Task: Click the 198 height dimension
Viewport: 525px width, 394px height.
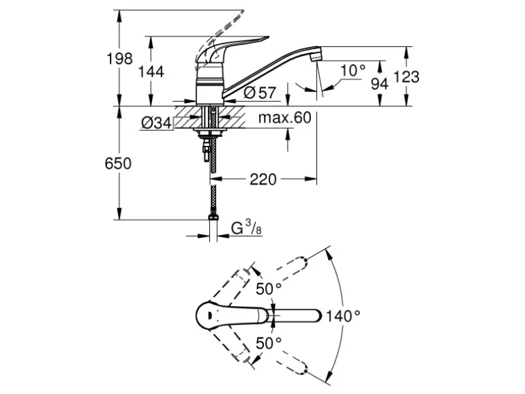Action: point(119,59)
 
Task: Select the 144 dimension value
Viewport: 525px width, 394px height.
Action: point(151,71)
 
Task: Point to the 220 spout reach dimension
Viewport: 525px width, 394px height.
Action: point(262,179)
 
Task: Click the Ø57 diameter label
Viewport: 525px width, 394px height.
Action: point(257,91)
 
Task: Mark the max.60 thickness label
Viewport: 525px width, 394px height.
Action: point(284,118)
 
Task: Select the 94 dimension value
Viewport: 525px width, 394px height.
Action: point(380,83)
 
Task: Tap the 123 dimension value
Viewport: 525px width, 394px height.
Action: point(407,77)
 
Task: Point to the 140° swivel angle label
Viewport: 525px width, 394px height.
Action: point(342,316)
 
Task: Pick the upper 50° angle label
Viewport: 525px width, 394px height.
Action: point(269,289)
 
